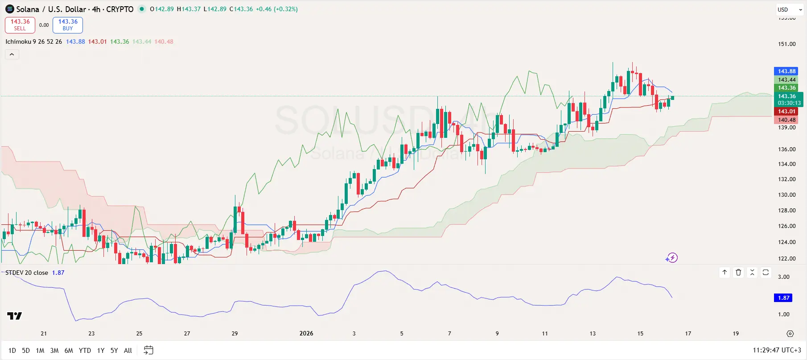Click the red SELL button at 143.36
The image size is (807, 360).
(20, 25)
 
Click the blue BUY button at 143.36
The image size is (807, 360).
(68, 25)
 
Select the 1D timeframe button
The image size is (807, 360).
(12, 351)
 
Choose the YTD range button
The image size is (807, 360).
(85, 351)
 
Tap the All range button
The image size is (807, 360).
(128, 351)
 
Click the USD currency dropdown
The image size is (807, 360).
(790, 9)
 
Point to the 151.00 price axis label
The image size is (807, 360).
(786, 44)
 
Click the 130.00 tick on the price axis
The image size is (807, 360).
(786, 195)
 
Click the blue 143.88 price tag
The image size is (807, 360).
(786, 71)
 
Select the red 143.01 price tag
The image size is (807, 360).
(786, 112)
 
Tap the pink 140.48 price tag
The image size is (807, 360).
(786, 120)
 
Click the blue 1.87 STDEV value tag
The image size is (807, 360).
(783, 298)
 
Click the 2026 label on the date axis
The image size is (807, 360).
(306, 334)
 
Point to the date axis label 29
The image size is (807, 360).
(235, 334)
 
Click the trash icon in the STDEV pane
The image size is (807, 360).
(738, 272)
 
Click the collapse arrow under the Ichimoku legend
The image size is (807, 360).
(12, 54)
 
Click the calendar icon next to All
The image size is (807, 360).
(148, 351)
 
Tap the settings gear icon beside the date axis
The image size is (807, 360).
(790, 334)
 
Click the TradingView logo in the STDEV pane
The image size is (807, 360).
(14, 316)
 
